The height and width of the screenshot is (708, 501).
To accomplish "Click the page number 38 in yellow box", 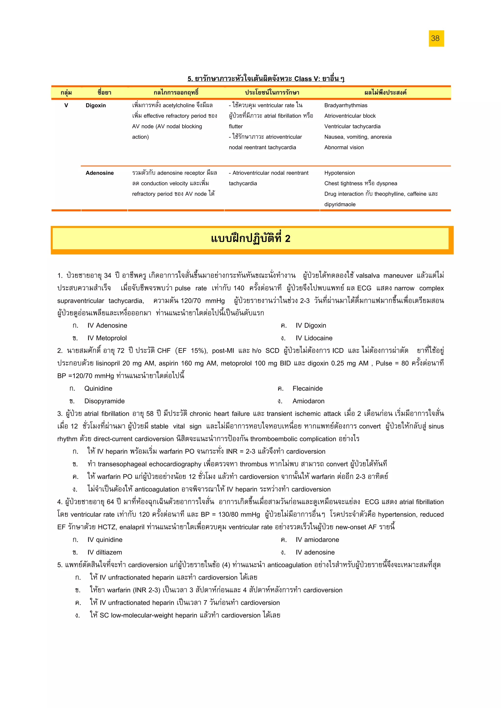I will [x=435, y=39].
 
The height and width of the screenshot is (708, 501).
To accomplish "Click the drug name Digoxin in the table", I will [x=96, y=106].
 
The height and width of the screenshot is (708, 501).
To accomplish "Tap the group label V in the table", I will [x=66, y=106].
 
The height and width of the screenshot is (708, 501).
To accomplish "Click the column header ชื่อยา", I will [x=104, y=93].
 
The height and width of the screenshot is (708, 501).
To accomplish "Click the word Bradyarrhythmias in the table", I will [x=345, y=106].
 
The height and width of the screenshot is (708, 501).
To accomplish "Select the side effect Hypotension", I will [x=339, y=173].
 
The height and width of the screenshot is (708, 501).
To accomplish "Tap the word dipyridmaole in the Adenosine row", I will [x=340, y=204].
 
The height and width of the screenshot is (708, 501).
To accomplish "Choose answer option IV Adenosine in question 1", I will [x=107, y=326].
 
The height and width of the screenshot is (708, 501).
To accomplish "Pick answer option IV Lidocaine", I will [x=314, y=338].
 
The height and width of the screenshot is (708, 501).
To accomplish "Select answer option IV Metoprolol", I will [x=107, y=338].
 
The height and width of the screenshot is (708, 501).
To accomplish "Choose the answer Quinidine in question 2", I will [x=98, y=388].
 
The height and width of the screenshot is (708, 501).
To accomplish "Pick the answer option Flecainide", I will [x=307, y=388].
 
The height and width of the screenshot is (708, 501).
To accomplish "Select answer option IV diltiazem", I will [x=104, y=552].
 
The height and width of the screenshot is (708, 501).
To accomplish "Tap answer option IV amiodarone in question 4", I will [x=317, y=540].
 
